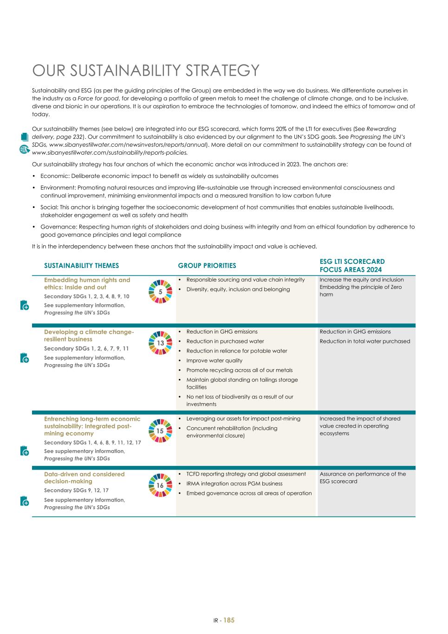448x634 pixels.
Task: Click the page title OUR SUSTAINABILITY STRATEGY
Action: (x=145, y=71)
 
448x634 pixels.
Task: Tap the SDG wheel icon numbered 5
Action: (x=160, y=292)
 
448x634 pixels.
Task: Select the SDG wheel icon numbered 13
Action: (x=160, y=343)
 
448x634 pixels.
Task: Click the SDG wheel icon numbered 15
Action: (x=160, y=431)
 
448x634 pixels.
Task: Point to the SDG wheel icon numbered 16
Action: (x=160, y=485)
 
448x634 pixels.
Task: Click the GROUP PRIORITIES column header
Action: (x=207, y=266)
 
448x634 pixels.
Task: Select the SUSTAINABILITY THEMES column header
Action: (x=81, y=266)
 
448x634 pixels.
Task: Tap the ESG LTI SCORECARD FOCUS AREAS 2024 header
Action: (x=352, y=266)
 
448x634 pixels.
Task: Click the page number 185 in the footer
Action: (x=229, y=620)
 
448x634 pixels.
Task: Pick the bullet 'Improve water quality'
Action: (x=214, y=360)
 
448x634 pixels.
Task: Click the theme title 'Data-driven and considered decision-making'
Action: (x=84, y=477)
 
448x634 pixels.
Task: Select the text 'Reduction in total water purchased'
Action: (x=365, y=341)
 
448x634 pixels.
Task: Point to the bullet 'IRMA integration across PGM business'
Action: (x=234, y=484)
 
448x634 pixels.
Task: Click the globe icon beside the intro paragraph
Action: (x=24, y=149)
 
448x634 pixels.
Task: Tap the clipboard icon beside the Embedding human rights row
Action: (x=25, y=305)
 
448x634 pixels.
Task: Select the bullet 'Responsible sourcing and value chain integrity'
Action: (x=245, y=280)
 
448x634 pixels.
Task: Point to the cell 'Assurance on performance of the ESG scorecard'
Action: (x=363, y=477)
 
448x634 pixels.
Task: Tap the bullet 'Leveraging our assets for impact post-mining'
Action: (x=243, y=418)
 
